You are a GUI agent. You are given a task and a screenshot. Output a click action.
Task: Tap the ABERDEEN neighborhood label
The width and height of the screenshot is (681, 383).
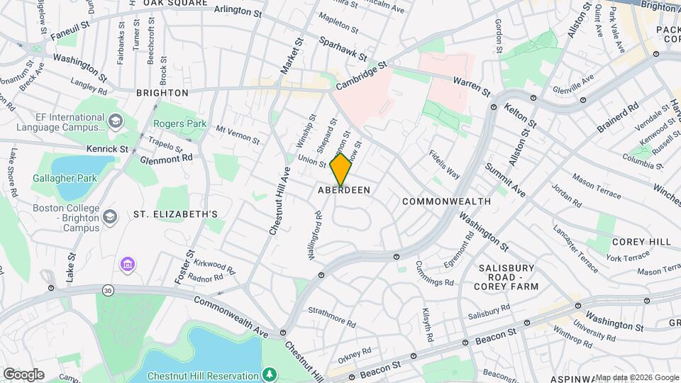(x=345, y=191)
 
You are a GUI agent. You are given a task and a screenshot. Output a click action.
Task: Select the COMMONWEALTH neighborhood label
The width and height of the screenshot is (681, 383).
(x=446, y=201)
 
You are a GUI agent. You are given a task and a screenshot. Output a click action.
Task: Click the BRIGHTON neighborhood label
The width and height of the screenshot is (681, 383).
(x=162, y=93)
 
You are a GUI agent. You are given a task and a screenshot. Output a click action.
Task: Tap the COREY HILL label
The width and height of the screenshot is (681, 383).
(x=640, y=242)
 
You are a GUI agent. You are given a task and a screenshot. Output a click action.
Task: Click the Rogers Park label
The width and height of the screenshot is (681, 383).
(x=179, y=123)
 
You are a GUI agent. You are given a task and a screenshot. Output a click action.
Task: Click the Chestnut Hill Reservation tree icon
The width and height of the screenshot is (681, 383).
(x=269, y=374)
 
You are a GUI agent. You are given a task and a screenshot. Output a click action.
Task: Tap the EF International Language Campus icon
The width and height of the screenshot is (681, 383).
(x=114, y=123)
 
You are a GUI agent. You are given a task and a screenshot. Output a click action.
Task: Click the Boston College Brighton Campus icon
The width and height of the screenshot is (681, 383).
(x=110, y=215)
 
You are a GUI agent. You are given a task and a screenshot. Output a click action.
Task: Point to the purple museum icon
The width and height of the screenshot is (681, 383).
(x=128, y=265)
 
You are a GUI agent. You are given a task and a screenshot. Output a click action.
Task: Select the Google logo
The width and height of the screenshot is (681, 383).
(x=23, y=374)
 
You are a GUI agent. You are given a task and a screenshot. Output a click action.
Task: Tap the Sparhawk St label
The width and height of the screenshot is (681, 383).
(x=343, y=48)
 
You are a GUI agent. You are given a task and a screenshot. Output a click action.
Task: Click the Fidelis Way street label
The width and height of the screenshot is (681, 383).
(x=444, y=164)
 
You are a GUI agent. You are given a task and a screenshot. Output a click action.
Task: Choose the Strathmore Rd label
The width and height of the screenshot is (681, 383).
(x=332, y=316)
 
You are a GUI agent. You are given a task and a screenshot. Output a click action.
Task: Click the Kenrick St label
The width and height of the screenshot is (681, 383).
(x=107, y=149)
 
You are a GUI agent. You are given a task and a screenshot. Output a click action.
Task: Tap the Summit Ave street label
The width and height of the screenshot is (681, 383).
(x=505, y=180)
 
